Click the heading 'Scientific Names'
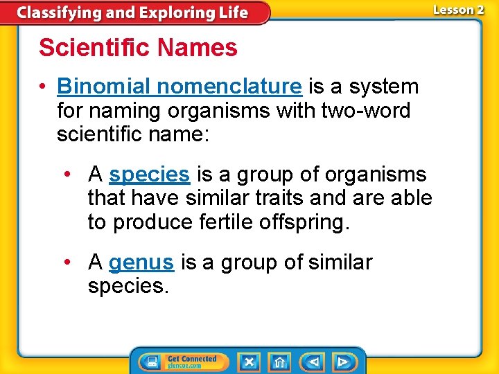pyautogui.click(x=138, y=48)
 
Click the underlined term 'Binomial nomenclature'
pyautogui.click(x=180, y=87)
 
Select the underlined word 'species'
pyautogui.click(x=149, y=174)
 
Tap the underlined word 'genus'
pyautogui.click(x=141, y=262)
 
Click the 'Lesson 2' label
pyautogui.click(x=458, y=10)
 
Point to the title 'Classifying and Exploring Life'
pyautogui.click(x=132, y=12)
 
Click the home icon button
pyautogui.click(x=279, y=362)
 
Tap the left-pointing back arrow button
pyautogui.click(x=313, y=362)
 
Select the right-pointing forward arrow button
pyautogui.click(x=342, y=362)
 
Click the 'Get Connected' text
pyautogui.click(x=192, y=358)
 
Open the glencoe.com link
pyautogui.click(x=184, y=366)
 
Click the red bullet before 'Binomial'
pyautogui.click(x=43, y=87)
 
